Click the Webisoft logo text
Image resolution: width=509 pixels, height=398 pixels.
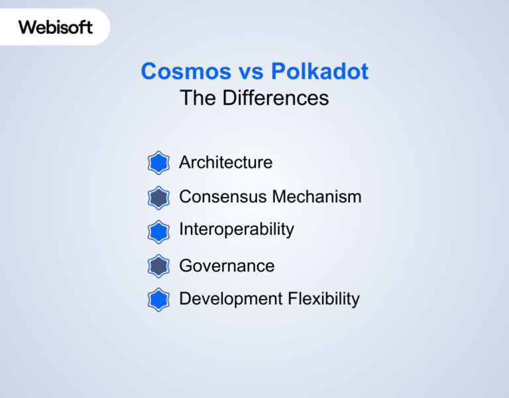pos(56,27)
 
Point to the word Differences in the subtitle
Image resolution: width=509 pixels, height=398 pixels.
pos(275,98)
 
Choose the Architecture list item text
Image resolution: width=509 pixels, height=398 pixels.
pos(225,163)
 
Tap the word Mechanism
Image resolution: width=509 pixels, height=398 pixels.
pos(317,197)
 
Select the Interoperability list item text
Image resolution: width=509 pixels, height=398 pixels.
pos(236,230)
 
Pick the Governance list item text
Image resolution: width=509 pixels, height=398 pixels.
pos(227,266)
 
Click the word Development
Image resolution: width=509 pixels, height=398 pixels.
pos(231,299)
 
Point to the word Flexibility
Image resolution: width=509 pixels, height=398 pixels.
pos(323,299)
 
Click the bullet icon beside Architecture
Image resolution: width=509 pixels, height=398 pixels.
pos(158,163)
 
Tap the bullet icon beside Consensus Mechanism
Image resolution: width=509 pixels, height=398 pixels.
pos(158,197)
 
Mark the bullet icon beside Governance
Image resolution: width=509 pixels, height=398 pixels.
pos(158,266)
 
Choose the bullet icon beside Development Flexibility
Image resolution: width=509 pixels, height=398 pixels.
pos(158,300)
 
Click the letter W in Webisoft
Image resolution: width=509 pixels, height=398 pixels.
pos(27,27)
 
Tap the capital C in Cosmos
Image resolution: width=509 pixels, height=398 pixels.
pos(150,72)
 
